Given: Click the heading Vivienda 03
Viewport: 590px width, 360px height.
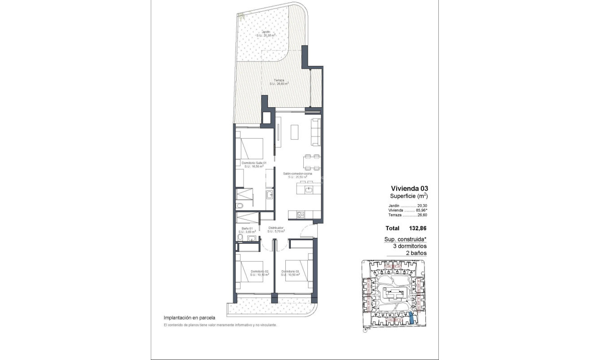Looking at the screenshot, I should click(x=406, y=189).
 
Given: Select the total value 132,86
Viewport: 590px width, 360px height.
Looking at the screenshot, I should click(x=417, y=228).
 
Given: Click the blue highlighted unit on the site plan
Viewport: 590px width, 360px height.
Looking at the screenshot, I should click(x=412, y=318).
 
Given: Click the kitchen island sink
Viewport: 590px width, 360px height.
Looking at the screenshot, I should click(x=309, y=189).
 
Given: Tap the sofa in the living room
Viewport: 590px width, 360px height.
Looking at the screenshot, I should click(x=316, y=131).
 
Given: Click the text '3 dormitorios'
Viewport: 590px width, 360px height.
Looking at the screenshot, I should click(x=406, y=246).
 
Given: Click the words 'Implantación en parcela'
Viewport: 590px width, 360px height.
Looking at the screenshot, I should click(x=189, y=317).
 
